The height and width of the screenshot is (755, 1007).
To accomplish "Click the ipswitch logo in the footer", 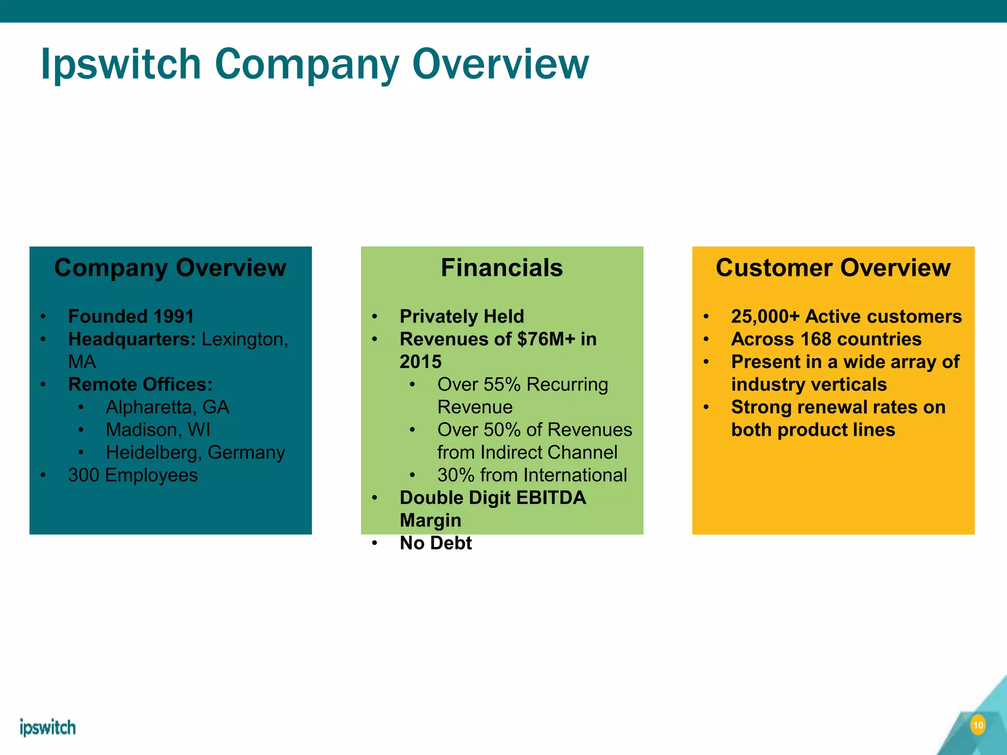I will tap(48, 727).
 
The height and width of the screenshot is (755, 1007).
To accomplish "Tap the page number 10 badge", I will tap(978, 726).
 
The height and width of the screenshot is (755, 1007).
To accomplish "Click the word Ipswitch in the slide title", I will tap(121, 64).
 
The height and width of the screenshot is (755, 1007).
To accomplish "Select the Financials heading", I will tap(502, 268).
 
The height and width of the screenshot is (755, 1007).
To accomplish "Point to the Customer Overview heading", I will tap(833, 268).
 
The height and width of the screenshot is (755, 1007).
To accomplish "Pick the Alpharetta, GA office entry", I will tap(167, 407).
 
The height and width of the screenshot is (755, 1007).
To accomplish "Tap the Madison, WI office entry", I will tap(158, 430).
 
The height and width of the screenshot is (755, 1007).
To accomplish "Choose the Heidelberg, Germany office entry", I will tap(195, 452).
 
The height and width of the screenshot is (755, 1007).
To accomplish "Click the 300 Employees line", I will tap(133, 475).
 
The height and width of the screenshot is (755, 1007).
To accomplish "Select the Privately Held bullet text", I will tap(462, 317).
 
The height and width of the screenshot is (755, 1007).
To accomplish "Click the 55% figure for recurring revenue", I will tap(502, 384).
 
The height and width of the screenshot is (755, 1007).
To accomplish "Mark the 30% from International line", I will tap(532, 475).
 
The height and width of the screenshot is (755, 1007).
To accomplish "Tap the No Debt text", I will tap(436, 543).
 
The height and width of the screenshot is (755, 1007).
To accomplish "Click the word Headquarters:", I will tap(132, 339).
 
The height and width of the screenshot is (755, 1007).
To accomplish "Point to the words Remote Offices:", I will tap(140, 384).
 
